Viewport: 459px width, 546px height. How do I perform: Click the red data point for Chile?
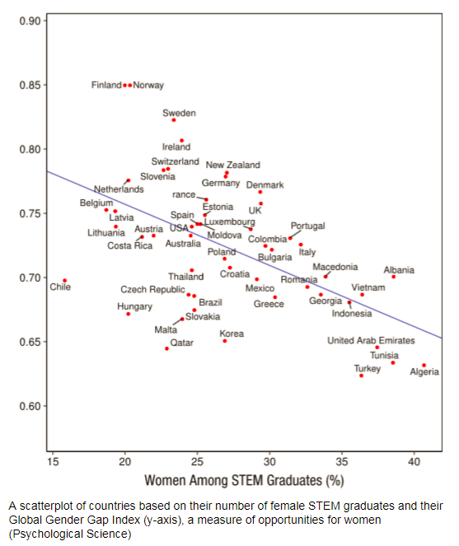tap(64, 281)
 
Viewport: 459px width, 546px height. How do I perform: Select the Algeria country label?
tap(424, 372)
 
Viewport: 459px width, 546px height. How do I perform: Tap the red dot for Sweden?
tap(174, 120)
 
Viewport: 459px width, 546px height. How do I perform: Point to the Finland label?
tap(105, 85)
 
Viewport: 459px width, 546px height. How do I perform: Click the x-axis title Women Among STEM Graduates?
tap(243, 479)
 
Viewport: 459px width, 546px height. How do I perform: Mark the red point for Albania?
tap(393, 277)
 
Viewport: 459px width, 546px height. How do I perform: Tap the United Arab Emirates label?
tap(371, 340)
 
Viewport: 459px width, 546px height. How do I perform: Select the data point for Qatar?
tap(166, 348)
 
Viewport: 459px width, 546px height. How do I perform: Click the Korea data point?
tap(224, 341)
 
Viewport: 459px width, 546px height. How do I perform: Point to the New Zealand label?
tap(232, 165)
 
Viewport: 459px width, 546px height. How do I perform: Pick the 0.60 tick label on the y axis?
tap(30, 406)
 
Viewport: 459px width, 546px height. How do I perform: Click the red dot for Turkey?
tap(361, 376)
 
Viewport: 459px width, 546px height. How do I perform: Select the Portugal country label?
tap(307, 226)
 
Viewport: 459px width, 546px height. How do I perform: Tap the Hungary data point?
tap(128, 314)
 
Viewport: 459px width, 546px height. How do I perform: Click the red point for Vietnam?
tap(362, 295)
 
